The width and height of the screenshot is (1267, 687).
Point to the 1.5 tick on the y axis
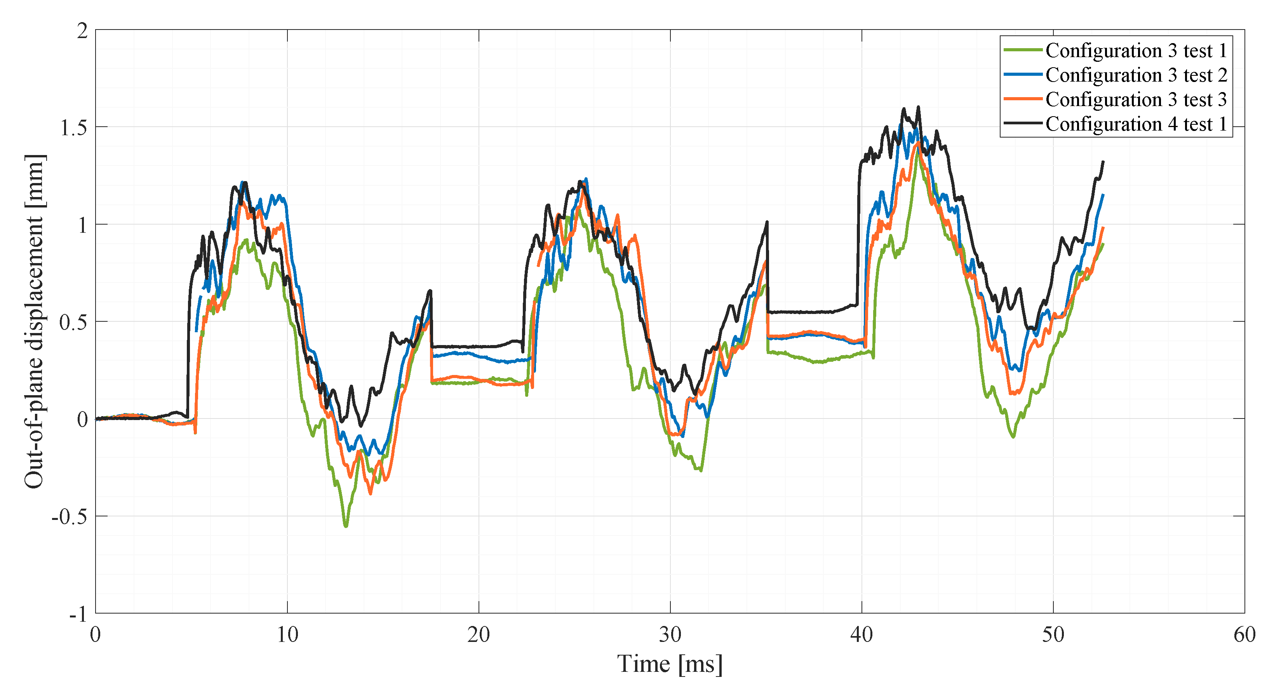pos(74,128)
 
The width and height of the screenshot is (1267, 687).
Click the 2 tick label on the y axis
pos(82,31)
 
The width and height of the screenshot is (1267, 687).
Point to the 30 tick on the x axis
pos(670,635)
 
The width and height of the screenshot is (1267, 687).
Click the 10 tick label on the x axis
pos(287,635)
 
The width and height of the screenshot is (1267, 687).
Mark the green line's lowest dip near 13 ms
pos(346,526)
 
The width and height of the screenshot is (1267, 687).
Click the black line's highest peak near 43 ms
pos(918,107)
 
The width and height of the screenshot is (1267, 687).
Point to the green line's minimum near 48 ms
pos(1013,436)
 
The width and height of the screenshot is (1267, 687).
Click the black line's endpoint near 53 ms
pos(1103,162)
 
